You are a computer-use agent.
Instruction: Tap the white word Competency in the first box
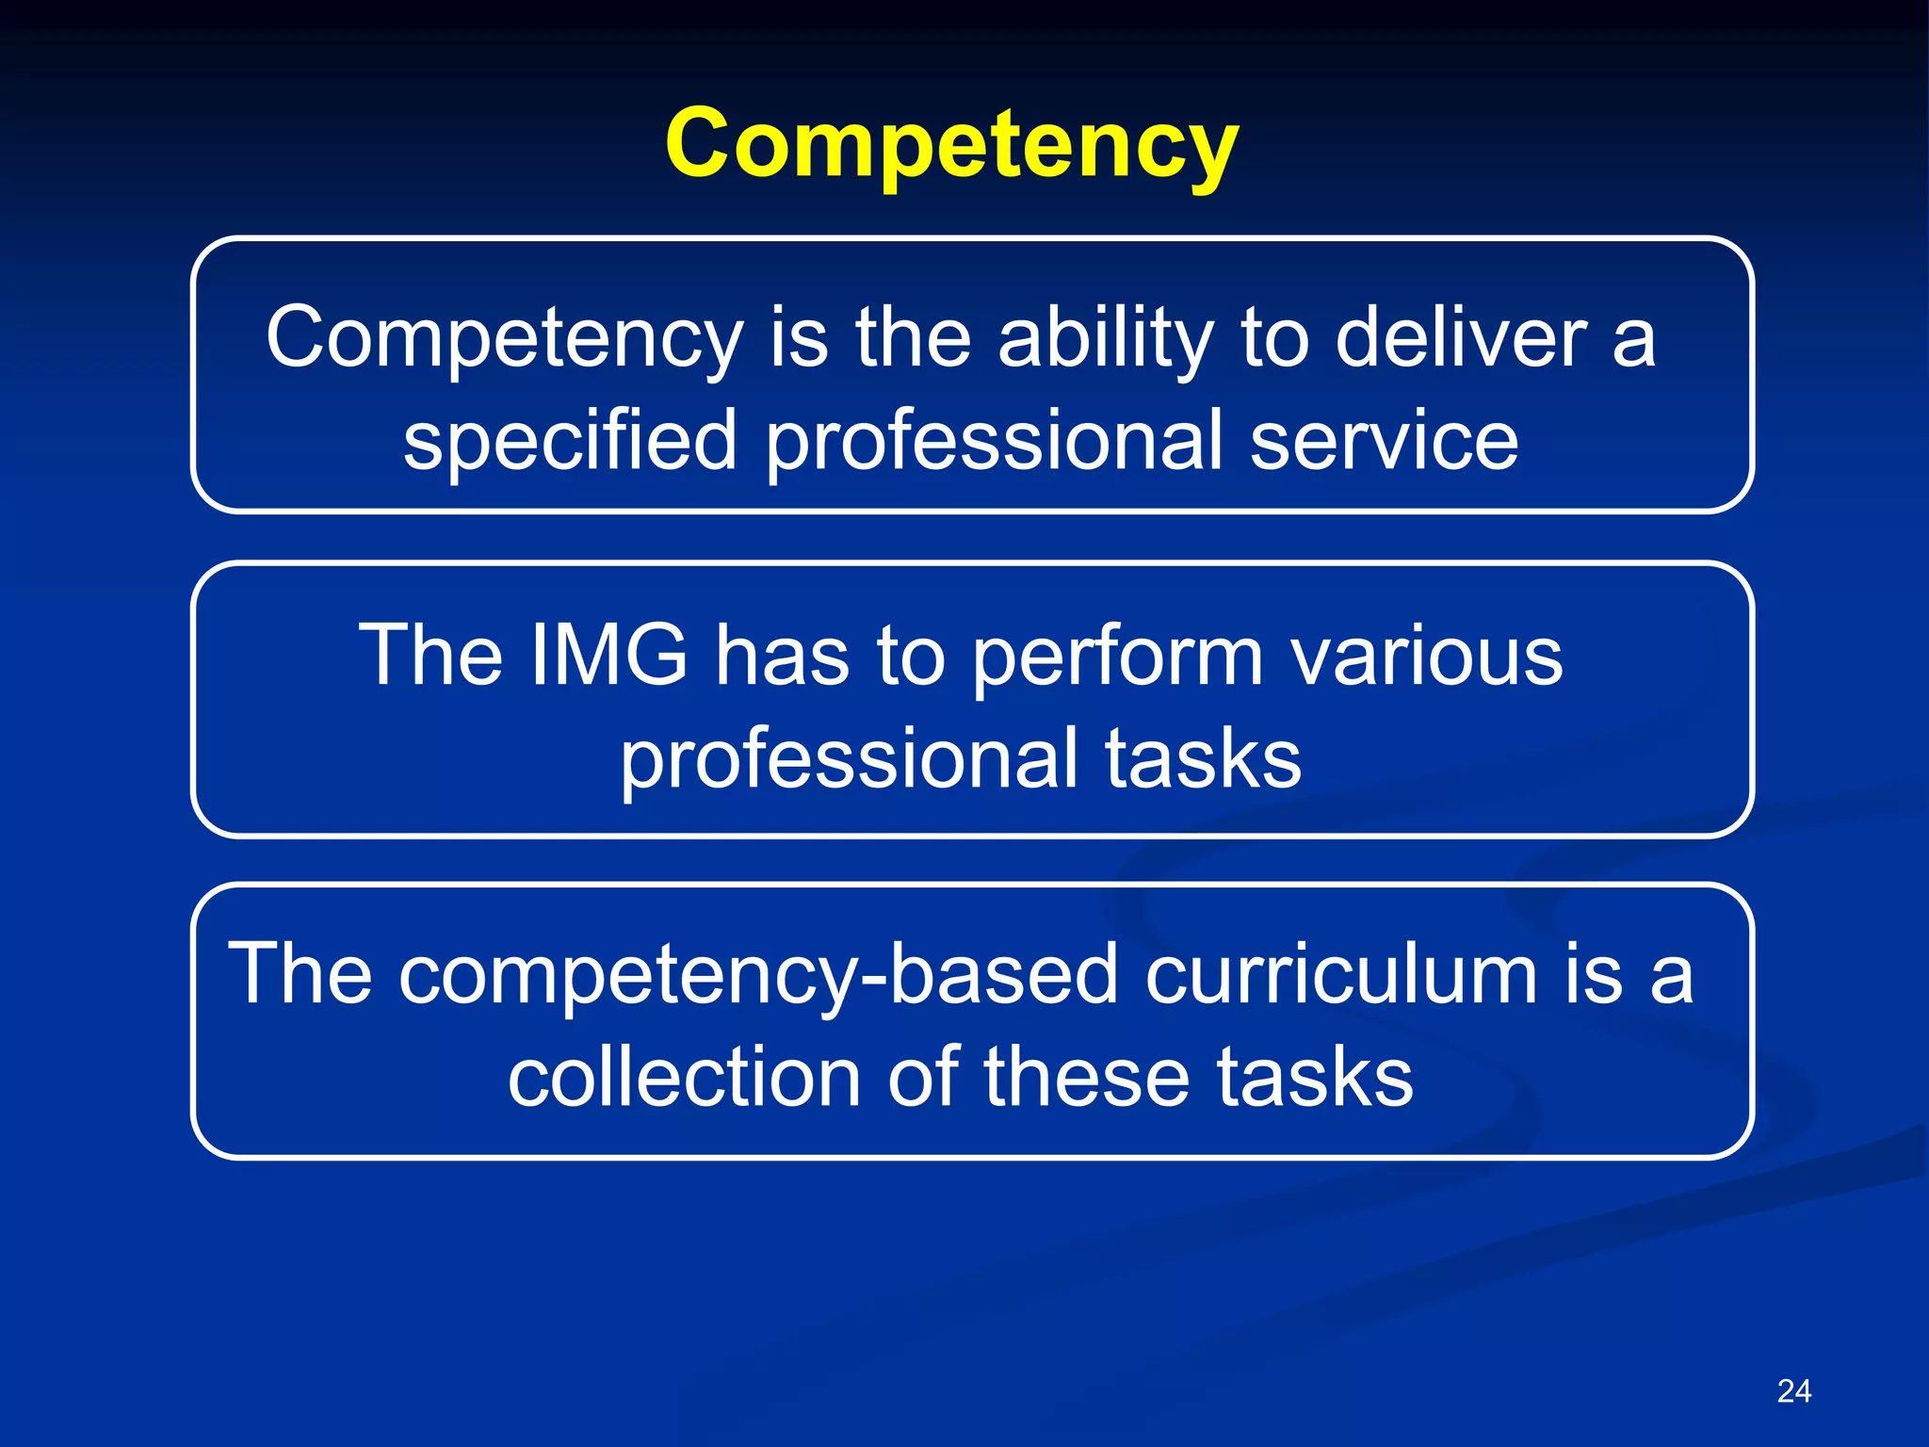pos(504,339)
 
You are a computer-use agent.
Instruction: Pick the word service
pos(1384,441)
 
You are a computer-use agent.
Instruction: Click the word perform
pos(1117,657)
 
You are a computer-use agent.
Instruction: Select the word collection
pos(684,1076)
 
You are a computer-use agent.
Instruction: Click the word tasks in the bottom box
pos(1314,1076)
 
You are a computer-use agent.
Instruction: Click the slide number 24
pos(1793,1390)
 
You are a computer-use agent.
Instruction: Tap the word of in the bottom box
pos(923,1076)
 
